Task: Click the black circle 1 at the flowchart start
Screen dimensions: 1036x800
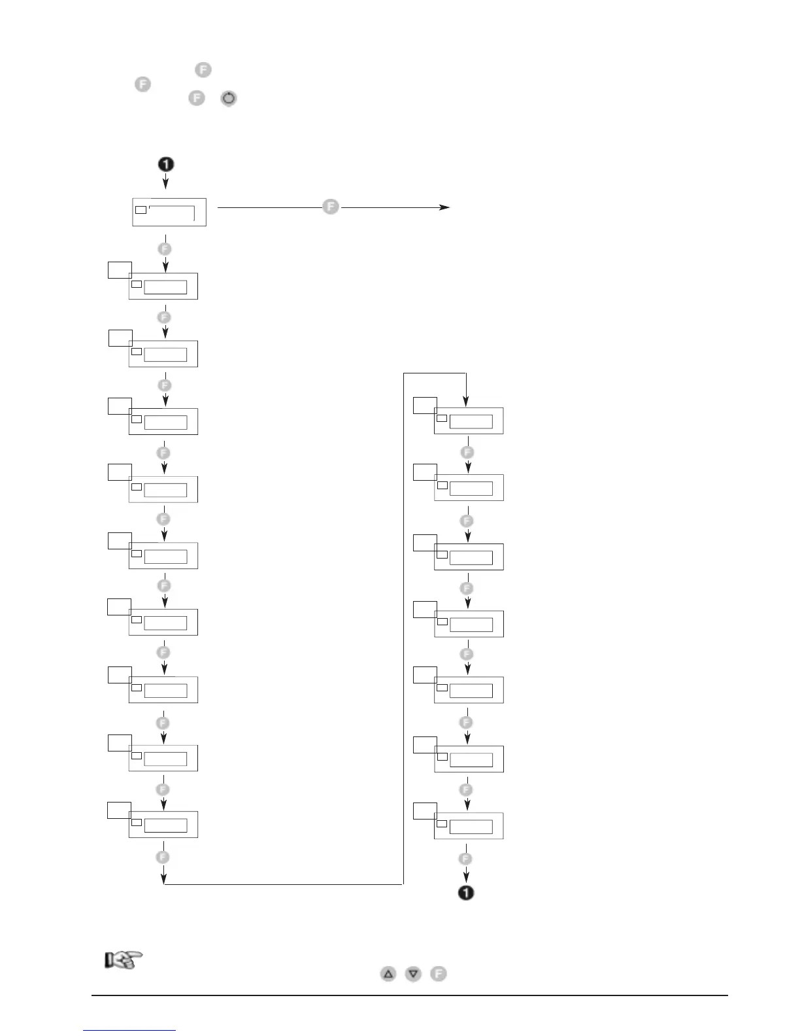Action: pos(166,164)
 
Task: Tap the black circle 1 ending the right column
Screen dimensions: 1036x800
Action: pos(466,892)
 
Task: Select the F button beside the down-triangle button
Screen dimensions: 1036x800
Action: pos(439,973)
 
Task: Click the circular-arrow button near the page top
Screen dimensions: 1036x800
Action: pos(229,99)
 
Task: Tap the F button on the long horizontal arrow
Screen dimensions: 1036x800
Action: pos(331,207)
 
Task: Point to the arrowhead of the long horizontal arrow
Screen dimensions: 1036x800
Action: pos(446,207)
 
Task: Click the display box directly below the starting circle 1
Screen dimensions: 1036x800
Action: pos(169,212)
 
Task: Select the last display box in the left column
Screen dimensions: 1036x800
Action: pos(163,824)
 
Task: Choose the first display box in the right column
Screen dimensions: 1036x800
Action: pos(469,421)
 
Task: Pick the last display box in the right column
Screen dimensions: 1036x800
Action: pos(469,826)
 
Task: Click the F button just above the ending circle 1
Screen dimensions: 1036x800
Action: pos(465,858)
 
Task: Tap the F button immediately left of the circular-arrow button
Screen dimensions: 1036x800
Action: pos(196,98)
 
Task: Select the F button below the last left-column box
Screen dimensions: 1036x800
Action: pos(163,857)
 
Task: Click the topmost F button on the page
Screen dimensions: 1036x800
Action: pos(203,70)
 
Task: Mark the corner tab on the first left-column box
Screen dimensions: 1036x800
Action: pos(120,269)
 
